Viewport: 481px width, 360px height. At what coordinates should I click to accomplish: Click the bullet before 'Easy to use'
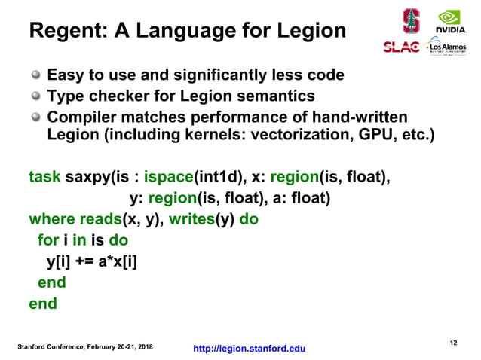pos(35,75)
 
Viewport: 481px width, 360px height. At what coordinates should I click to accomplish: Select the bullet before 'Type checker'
pos(35,96)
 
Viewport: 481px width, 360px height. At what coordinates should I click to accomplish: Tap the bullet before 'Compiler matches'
pos(35,117)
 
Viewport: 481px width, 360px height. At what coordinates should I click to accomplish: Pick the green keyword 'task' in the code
pos(44,178)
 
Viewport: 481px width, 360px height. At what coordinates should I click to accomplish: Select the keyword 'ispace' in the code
pos(167,178)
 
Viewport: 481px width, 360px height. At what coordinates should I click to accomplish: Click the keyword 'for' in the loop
pos(48,241)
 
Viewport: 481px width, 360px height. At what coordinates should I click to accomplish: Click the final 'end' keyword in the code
pos(42,304)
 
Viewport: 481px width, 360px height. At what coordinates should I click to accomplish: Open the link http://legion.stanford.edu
pos(250,349)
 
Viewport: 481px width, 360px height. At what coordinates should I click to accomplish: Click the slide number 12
pos(453,343)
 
